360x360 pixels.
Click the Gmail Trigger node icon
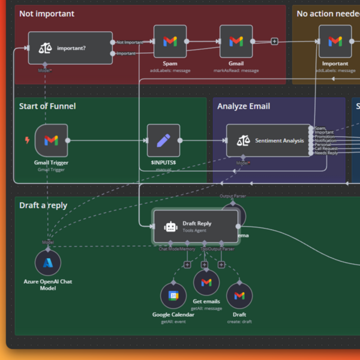click(51, 140)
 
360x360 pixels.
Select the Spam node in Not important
click(170, 41)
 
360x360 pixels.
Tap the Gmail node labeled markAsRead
click(236, 41)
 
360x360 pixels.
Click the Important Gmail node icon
click(335, 41)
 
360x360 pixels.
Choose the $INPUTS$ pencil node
click(163, 140)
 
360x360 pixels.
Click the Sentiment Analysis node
click(268, 140)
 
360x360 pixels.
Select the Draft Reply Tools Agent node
click(196, 226)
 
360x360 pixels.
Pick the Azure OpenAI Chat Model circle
click(48, 263)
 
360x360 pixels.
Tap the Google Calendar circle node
click(173, 296)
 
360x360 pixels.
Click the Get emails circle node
click(206, 283)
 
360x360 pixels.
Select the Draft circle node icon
click(239, 296)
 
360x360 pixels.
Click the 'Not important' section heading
click(47, 13)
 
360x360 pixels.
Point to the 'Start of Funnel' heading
click(47, 106)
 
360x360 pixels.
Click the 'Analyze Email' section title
click(244, 106)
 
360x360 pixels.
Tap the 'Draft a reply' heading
click(43, 205)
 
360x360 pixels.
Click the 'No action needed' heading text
click(327, 13)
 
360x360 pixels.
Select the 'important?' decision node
click(70, 48)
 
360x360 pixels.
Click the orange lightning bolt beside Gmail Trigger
click(27, 140)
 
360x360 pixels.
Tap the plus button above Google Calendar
click(187, 265)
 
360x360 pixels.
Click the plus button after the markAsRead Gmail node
click(274, 41)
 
